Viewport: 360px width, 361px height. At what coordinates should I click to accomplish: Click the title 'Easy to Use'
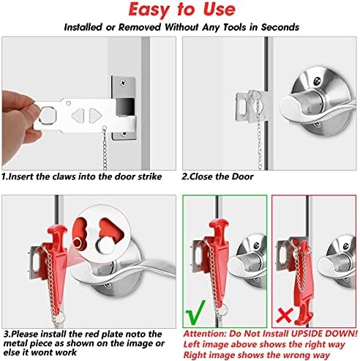coord(181,10)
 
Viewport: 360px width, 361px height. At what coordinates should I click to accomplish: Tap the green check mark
coord(195,313)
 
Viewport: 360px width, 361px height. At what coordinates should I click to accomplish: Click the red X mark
coord(284,316)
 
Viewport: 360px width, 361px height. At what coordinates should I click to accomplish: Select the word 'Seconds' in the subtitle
coord(280,27)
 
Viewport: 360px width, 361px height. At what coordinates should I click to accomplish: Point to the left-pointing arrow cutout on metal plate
coord(78,116)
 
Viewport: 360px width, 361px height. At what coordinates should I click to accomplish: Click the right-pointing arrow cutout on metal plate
coord(95,116)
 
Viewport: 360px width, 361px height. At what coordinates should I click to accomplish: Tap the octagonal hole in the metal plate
coord(48,115)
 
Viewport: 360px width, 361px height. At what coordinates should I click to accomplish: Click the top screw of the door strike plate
coord(123,83)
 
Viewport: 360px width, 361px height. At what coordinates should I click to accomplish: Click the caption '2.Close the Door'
coord(217,176)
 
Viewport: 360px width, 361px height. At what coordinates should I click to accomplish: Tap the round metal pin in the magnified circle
coord(105,245)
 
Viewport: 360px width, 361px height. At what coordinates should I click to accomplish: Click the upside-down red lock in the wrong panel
coord(304,280)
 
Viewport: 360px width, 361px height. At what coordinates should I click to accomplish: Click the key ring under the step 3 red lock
coord(59,318)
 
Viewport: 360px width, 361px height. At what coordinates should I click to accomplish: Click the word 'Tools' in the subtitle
coord(236,27)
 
